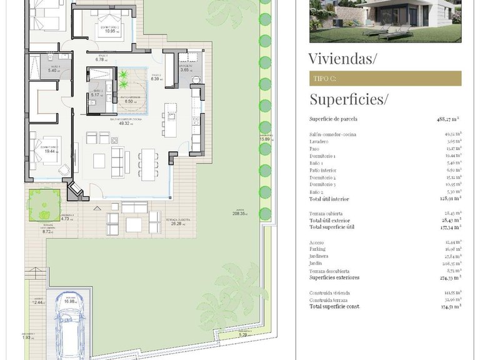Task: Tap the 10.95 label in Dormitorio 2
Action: coord(111,31)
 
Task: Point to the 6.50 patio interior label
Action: coord(129,101)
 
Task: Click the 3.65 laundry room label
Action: coord(186,70)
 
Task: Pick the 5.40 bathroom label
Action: coord(53,71)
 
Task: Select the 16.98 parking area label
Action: coord(69,301)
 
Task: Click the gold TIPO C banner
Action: coord(385,79)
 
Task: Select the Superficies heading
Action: coord(349,99)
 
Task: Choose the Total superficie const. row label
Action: coord(334,306)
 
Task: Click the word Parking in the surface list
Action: coord(319,249)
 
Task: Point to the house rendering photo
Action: coord(385,21)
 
